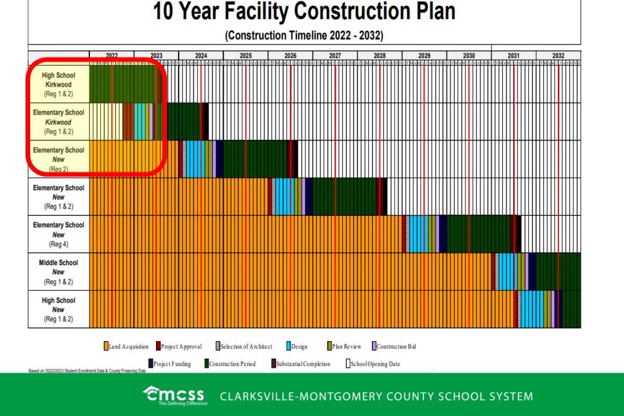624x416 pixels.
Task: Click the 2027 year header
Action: click(x=335, y=56)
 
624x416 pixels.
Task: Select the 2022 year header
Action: click(x=112, y=56)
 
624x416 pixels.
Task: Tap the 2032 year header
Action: click(x=558, y=56)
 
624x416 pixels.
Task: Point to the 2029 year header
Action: click(x=424, y=56)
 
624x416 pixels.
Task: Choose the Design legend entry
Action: click(x=297, y=346)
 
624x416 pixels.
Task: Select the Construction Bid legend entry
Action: click(x=394, y=346)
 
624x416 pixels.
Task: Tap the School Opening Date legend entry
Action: click(x=373, y=364)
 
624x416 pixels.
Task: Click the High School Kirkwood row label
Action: click(x=58, y=84)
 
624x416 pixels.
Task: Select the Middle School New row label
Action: click(x=58, y=272)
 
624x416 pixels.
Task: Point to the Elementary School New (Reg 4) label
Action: click(x=58, y=235)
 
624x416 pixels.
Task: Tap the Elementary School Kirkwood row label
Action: click(x=58, y=122)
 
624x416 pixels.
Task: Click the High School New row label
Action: click(x=58, y=309)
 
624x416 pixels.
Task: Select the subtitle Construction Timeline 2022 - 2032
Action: click(x=304, y=36)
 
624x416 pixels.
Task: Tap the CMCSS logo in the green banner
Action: click(x=174, y=395)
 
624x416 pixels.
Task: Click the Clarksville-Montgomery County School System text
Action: click(x=376, y=396)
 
